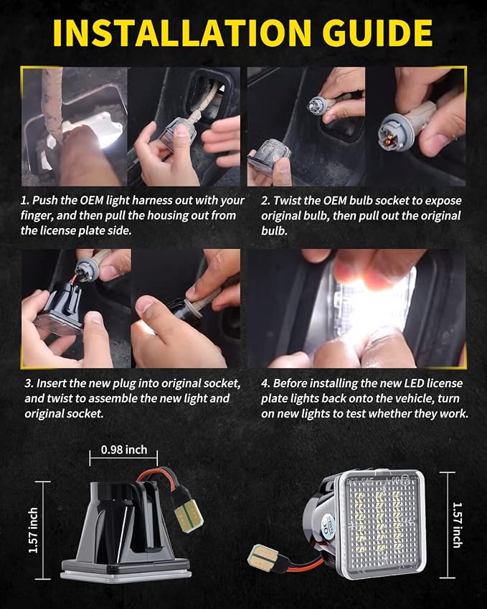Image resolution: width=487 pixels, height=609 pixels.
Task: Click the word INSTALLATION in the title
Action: [x=182, y=33]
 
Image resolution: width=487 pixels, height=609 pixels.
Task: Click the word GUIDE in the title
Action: [x=377, y=33]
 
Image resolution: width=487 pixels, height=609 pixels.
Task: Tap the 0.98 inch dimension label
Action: [x=124, y=449]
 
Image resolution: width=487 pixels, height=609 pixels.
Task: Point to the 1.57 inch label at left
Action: [x=34, y=530]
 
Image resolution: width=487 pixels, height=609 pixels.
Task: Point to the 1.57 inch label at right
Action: [x=457, y=525]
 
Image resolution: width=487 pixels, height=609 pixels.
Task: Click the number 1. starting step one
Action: [x=25, y=200]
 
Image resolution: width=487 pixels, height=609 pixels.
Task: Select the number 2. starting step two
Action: [x=265, y=201]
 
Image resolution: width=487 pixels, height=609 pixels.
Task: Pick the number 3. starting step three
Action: [x=29, y=384]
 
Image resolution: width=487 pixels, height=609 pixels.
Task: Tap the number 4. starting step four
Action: [x=265, y=383]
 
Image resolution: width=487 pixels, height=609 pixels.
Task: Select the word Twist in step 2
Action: [x=286, y=201]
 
